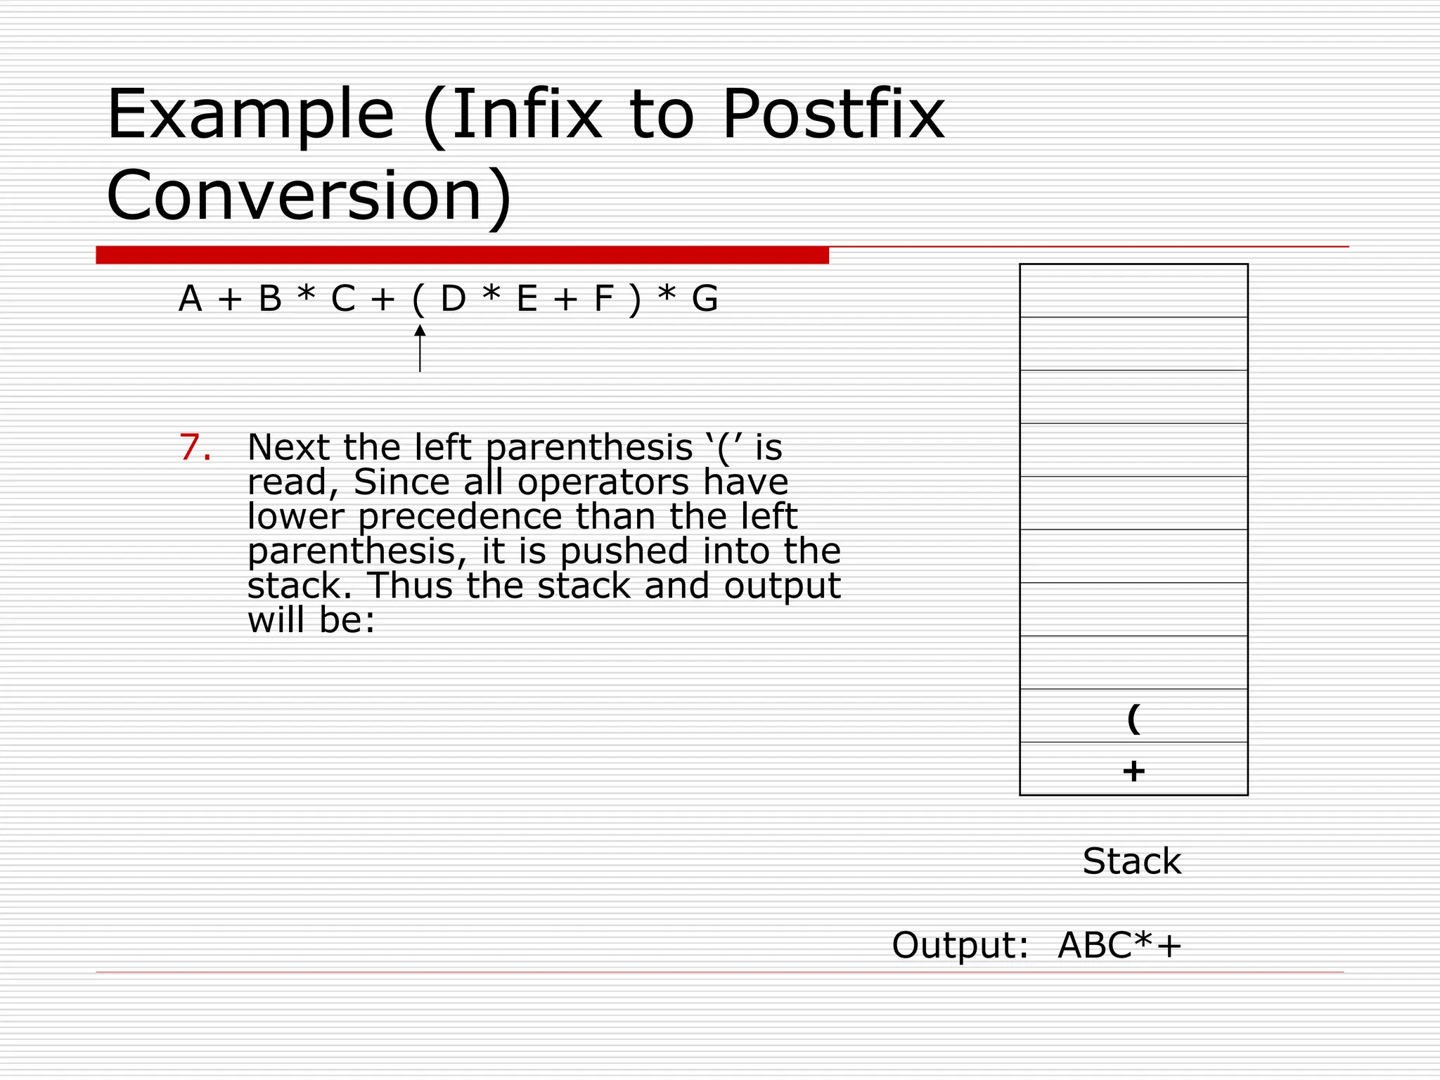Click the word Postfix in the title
pos(833,114)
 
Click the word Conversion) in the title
pos(309,195)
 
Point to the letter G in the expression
pos(705,299)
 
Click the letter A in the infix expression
pos(191,299)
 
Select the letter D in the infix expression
pos(454,299)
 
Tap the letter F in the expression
pos(603,299)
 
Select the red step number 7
pos(195,448)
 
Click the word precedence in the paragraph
pos(461,517)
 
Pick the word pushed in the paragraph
pos(624,551)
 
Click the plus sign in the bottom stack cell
pos(1133,771)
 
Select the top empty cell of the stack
pos(1133,290)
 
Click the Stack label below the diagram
pos(1132,861)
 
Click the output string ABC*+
pos(1119,945)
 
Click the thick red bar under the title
pos(462,255)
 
